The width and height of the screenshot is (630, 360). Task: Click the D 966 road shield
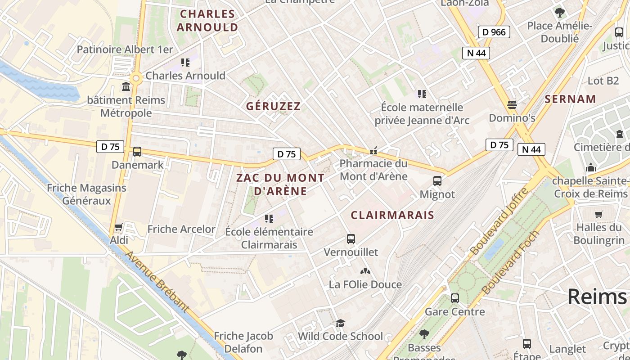pyautogui.click(x=494, y=32)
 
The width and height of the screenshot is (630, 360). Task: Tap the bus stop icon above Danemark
pyautogui.click(x=137, y=152)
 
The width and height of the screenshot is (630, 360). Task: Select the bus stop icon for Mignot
pyautogui.click(x=437, y=181)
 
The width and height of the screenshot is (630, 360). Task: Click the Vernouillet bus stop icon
pyautogui.click(x=351, y=239)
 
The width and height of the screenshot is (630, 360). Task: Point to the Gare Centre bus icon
pyautogui.click(x=455, y=298)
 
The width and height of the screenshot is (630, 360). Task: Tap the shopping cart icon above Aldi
pyautogui.click(x=119, y=227)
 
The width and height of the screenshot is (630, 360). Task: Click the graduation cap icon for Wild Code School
pyautogui.click(x=340, y=324)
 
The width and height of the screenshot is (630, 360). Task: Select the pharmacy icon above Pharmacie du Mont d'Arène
pyautogui.click(x=373, y=151)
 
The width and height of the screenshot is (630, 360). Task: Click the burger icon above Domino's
pyautogui.click(x=512, y=105)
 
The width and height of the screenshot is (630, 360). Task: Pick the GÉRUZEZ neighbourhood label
pyautogui.click(x=273, y=106)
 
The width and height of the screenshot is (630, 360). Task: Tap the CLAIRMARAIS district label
pyautogui.click(x=392, y=215)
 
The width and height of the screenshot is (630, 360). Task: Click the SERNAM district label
pyautogui.click(x=570, y=99)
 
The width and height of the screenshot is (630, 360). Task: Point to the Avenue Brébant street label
pyautogui.click(x=157, y=282)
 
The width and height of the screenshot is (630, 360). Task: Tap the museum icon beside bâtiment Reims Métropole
pyautogui.click(x=126, y=86)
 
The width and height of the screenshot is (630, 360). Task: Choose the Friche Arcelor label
pyautogui.click(x=181, y=229)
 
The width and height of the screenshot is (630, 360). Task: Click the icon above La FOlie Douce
pyautogui.click(x=365, y=271)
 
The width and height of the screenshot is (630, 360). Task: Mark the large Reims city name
pyautogui.click(x=597, y=297)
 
